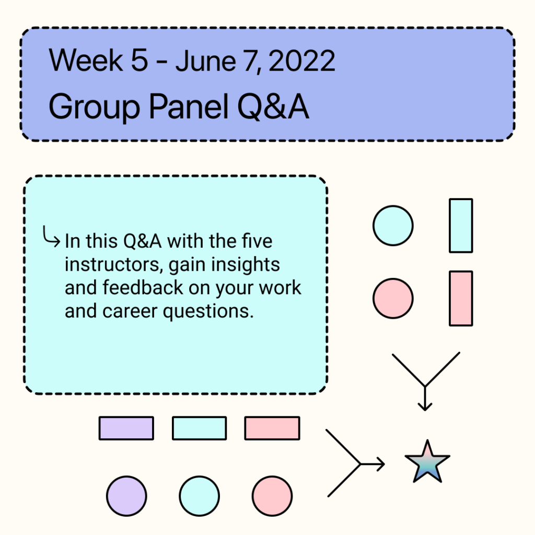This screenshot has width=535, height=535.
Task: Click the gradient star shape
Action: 427,462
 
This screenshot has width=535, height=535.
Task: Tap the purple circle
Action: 126,496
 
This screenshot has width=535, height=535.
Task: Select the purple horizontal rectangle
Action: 126,428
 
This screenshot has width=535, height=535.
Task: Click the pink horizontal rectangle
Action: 272,428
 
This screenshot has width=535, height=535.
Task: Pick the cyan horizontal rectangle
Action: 199,428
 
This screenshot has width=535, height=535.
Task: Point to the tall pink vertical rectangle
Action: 461,298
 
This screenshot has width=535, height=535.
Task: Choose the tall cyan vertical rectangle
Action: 461,226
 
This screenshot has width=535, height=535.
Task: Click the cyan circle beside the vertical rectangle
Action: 393,226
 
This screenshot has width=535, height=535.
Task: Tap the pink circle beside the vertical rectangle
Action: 393,298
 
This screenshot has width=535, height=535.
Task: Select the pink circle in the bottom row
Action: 272,496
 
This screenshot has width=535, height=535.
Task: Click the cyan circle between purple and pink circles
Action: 199,496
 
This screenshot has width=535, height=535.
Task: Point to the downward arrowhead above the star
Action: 425,406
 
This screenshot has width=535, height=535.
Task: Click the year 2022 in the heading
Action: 302,61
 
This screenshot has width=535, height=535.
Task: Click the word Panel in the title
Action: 189,106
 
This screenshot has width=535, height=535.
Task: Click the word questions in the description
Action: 208,312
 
